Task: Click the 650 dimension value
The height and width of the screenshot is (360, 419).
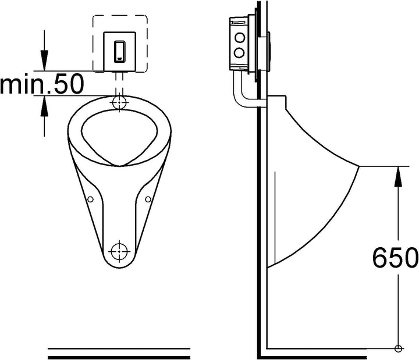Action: point(395,258)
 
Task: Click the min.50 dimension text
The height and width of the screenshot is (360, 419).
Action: point(42,84)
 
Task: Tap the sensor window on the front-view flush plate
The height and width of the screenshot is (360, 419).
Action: point(120,51)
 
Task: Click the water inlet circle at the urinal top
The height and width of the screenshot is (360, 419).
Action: point(119,102)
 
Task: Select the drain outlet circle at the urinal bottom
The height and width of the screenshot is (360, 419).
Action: point(119,251)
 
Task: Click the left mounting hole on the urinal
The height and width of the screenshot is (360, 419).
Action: point(91,199)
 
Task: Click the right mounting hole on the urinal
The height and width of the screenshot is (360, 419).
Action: point(148,199)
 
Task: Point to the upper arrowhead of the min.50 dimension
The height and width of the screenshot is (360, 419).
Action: point(44,60)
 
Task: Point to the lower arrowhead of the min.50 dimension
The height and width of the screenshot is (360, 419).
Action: point(44,106)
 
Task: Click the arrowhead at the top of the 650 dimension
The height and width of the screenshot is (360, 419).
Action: point(398,176)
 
